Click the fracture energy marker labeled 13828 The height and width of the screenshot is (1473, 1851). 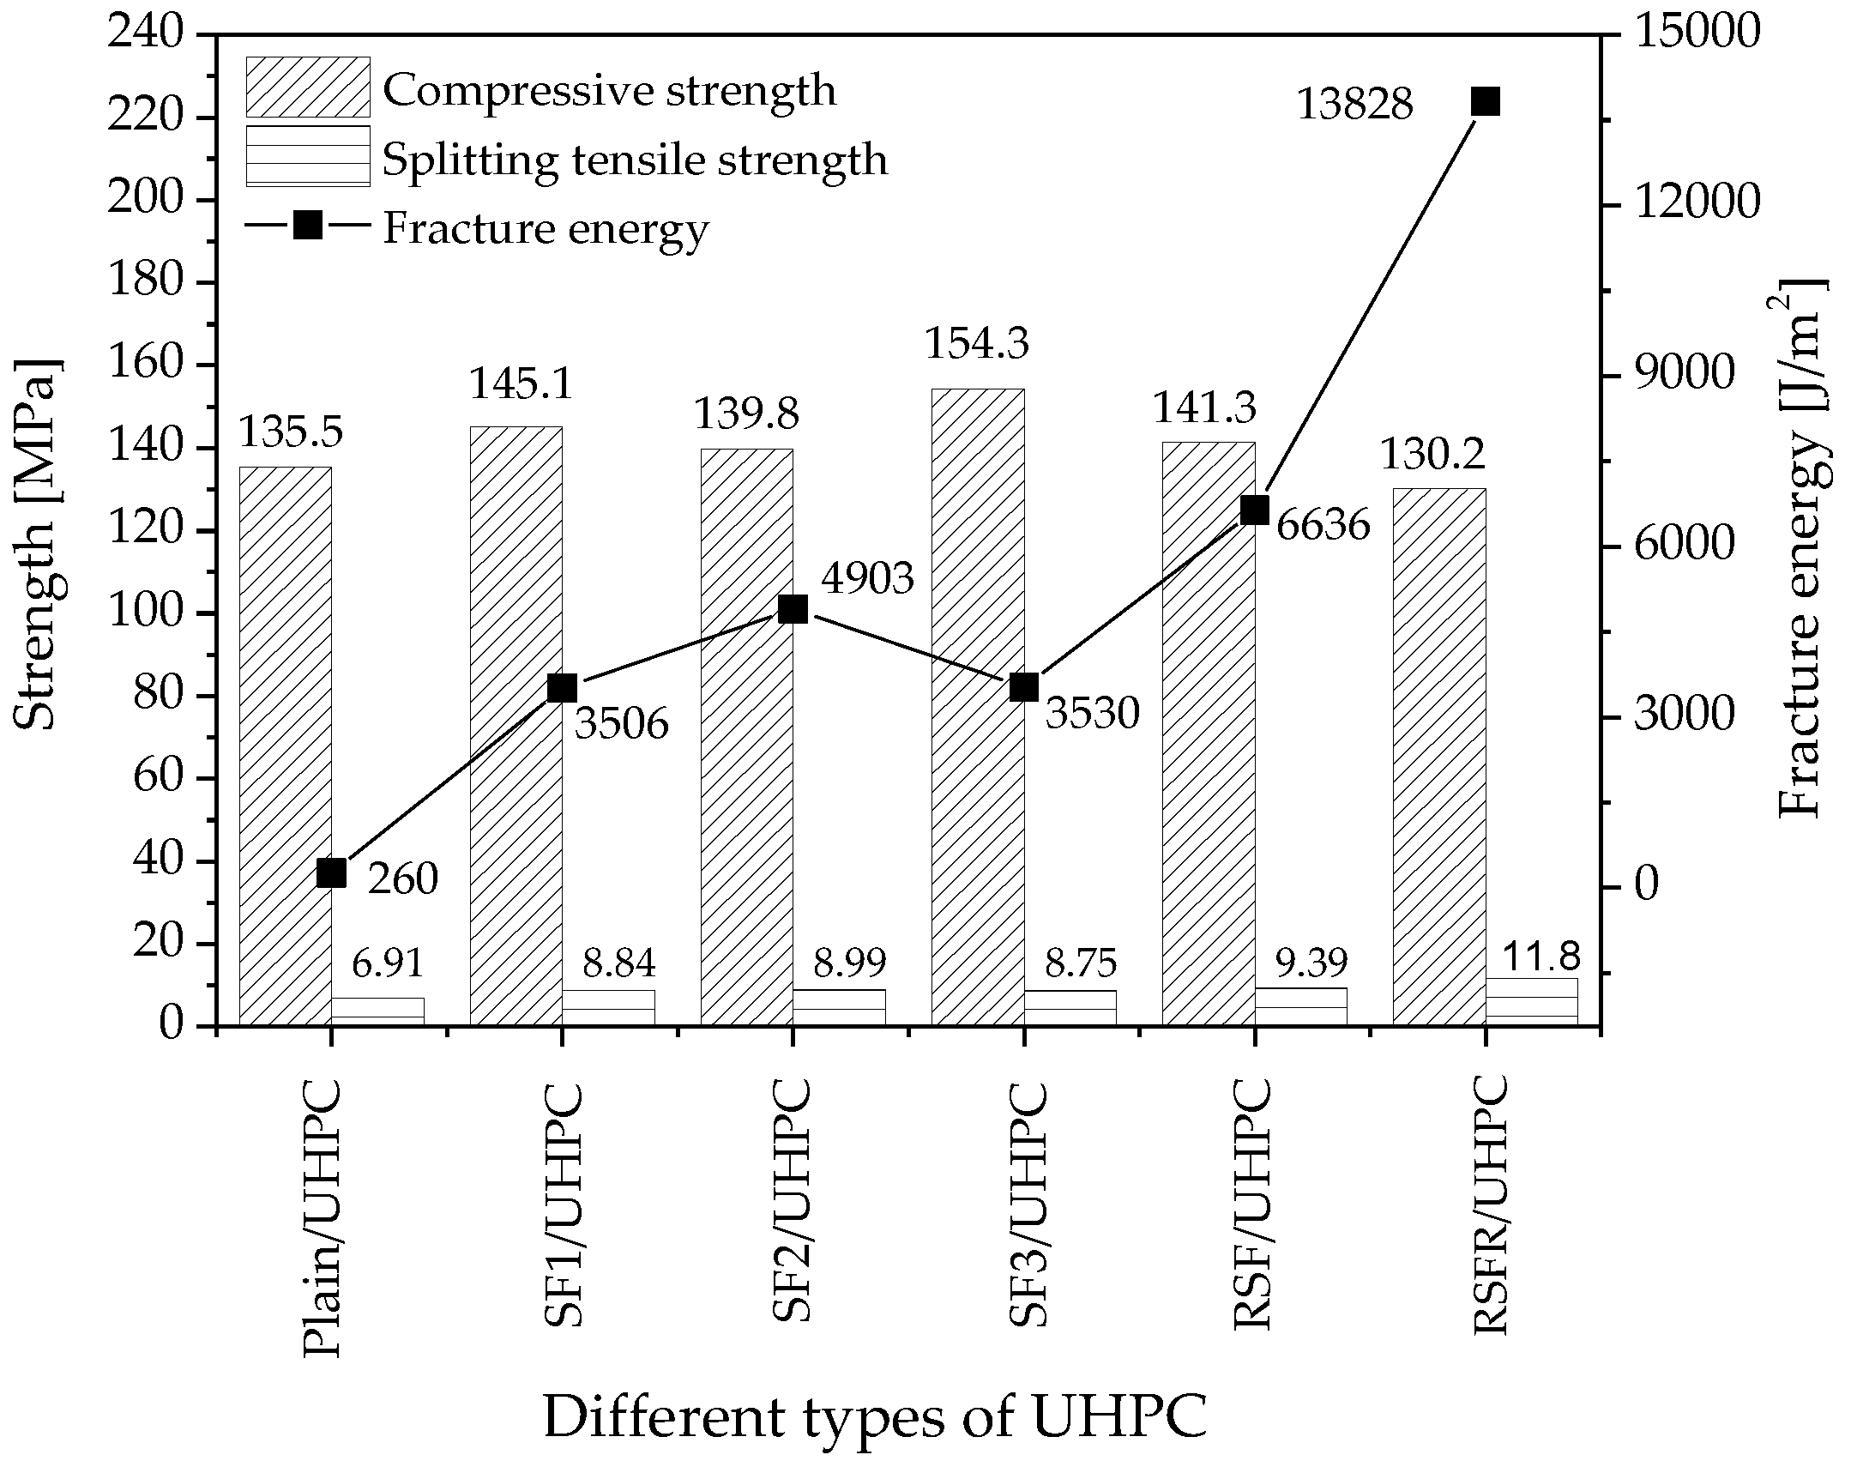point(1486,101)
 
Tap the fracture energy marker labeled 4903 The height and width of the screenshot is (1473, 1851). point(793,610)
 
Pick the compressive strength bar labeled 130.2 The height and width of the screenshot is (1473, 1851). point(1439,756)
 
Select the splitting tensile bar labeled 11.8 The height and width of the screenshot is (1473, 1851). point(1532,1002)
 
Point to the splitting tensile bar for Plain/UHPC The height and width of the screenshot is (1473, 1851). point(377,1011)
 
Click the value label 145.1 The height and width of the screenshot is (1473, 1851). point(522,384)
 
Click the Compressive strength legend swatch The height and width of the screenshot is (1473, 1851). point(307,87)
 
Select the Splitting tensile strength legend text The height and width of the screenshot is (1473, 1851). point(635,160)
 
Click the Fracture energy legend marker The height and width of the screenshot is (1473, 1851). point(307,226)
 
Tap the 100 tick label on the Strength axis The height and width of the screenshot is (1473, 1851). point(145,613)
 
